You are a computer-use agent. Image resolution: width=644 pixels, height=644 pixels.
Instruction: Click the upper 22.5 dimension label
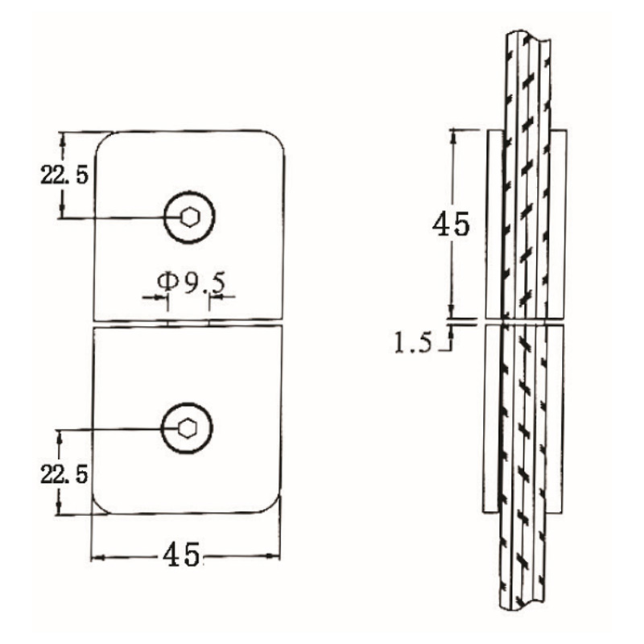tap(64, 175)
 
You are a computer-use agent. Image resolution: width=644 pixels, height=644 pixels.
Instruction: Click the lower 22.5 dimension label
tap(64, 473)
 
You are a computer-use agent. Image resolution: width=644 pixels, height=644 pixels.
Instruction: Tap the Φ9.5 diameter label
tap(191, 283)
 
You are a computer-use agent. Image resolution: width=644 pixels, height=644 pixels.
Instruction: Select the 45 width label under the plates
tap(181, 555)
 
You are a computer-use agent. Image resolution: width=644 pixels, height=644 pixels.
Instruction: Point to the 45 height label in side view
tap(451, 224)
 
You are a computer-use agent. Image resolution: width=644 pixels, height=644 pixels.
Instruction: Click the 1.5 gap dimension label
tap(412, 344)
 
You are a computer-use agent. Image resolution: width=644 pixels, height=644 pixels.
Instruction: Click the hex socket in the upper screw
tap(191, 217)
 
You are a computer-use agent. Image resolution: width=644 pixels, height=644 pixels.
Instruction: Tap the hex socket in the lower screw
tap(187, 428)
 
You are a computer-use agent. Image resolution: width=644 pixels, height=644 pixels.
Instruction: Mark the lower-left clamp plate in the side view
tap(491, 419)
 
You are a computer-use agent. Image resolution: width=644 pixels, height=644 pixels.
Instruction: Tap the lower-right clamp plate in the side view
tap(556, 419)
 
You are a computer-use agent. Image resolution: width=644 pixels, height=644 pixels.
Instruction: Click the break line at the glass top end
tap(527, 38)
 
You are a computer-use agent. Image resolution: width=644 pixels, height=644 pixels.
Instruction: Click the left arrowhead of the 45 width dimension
tap(97, 555)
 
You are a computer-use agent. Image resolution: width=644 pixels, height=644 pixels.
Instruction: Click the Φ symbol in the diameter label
tap(166, 282)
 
